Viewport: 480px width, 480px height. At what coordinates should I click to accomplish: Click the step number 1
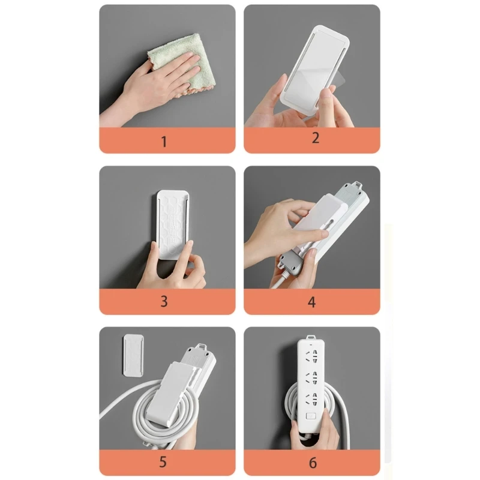point(164,142)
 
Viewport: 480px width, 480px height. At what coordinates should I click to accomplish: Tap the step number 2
point(316,138)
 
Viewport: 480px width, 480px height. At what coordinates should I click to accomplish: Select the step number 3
point(164,302)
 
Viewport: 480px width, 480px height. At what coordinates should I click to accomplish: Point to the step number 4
point(311,302)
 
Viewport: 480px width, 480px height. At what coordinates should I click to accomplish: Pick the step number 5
point(163,461)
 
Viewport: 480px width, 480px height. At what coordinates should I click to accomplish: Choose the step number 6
point(313,463)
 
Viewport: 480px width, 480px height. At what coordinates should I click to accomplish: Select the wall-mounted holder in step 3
point(173,225)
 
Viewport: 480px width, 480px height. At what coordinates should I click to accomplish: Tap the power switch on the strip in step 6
point(311,416)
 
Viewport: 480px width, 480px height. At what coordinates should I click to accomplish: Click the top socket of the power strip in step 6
point(311,356)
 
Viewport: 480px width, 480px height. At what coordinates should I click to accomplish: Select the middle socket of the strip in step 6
point(311,377)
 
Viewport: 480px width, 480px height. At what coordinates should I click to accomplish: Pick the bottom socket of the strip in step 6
point(311,398)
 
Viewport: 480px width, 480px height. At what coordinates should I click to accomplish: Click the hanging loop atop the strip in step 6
point(311,337)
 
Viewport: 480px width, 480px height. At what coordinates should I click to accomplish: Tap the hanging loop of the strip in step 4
point(357,184)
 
